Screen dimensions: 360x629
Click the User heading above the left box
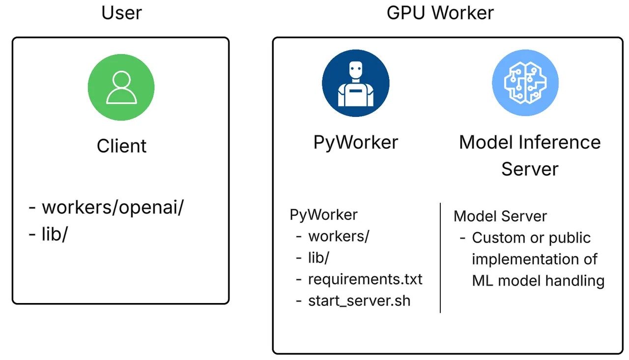121,13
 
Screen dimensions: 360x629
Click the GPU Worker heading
440,13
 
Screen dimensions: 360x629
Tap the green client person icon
121,87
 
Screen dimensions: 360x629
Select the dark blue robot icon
355,83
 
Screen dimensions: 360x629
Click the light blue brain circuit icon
525,83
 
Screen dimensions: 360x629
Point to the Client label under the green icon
121,146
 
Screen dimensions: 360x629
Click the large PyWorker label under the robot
356,142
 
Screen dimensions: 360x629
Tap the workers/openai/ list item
113,207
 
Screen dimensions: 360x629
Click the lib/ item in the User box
54,234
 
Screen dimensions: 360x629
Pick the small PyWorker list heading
323,215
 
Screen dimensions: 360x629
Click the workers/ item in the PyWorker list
338,236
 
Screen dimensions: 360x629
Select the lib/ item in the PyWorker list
318,257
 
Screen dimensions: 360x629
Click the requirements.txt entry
365,279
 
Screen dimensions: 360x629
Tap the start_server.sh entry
359,300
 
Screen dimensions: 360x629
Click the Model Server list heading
500,216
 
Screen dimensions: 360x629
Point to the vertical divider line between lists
440,258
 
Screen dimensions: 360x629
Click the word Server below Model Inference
529,169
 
